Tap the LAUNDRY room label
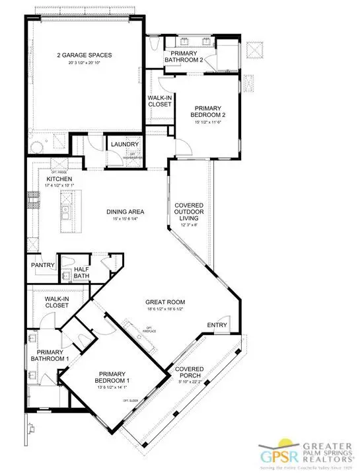[125, 145]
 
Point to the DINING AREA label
[126, 212]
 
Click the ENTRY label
[217, 325]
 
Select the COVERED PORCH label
[189, 372]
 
